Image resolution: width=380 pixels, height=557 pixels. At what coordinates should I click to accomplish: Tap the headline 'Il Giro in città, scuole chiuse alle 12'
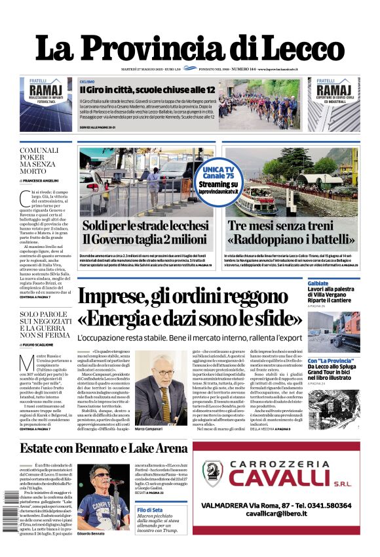point(147,89)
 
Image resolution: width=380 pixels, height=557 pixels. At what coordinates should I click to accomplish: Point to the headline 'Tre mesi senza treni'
point(292,225)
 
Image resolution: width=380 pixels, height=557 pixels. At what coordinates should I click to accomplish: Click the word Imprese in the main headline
point(114,296)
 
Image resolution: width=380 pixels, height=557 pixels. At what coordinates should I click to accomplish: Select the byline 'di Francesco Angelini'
point(39,180)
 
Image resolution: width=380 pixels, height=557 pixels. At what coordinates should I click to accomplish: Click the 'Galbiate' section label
point(318,283)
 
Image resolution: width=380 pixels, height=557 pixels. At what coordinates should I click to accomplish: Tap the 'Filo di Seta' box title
point(151,510)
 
